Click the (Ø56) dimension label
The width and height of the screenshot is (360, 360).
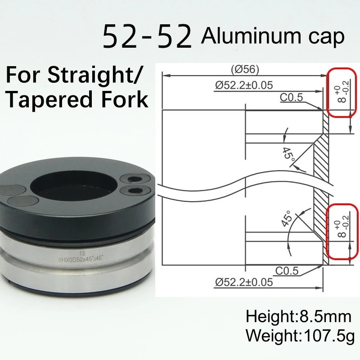click(x=245, y=70)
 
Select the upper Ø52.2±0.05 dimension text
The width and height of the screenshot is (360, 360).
click(x=244, y=85)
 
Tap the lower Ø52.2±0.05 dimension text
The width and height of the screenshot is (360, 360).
click(x=244, y=282)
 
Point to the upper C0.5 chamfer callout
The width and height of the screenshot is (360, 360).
click(x=291, y=98)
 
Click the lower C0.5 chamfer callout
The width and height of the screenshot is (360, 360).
click(x=287, y=271)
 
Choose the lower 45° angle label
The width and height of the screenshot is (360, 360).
click(x=286, y=218)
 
